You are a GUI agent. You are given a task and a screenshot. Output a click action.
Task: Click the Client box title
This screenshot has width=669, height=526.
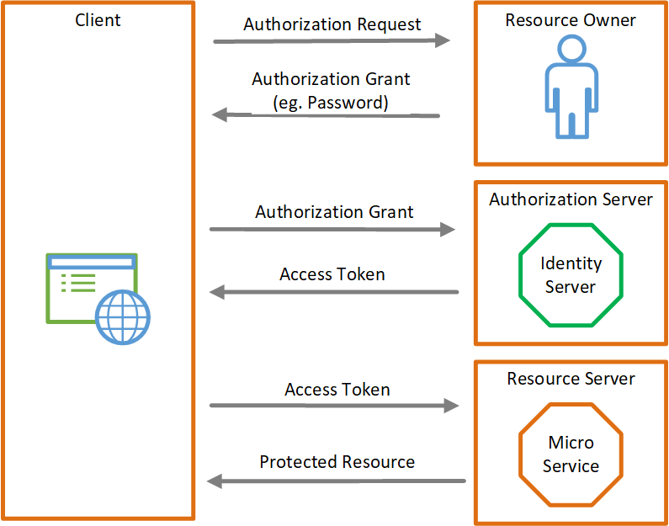[98, 19]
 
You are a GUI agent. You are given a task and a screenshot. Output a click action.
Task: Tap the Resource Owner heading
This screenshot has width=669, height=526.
[571, 20]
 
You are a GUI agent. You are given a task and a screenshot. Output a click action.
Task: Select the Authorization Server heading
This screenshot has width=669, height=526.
[571, 199]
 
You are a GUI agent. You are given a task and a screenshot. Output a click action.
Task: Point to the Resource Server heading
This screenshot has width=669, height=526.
[571, 379]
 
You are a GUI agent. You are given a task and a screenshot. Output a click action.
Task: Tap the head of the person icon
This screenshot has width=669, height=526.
[571, 51]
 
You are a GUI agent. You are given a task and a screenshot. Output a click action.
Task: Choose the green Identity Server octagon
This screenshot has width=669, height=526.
[571, 275]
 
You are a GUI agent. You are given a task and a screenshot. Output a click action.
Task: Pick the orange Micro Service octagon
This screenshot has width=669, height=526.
[571, 454]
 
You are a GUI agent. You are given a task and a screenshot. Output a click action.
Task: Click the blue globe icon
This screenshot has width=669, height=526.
[123, 317]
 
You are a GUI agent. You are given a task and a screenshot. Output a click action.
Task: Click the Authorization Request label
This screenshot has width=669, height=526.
[332, 24]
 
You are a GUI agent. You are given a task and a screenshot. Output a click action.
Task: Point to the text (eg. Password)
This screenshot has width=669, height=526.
[331, 103]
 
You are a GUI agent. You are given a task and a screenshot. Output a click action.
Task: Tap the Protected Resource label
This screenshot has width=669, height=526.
[337, 462]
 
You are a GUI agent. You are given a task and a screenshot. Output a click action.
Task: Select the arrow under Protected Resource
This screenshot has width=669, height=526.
[336, 481]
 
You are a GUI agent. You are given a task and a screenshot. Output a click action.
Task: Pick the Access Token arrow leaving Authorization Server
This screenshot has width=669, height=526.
[333, 292]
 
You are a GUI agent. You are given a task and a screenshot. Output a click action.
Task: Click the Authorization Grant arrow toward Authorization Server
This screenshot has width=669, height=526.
[332, 229]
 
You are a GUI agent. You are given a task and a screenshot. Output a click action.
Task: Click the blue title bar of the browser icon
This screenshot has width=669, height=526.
[92, 263]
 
